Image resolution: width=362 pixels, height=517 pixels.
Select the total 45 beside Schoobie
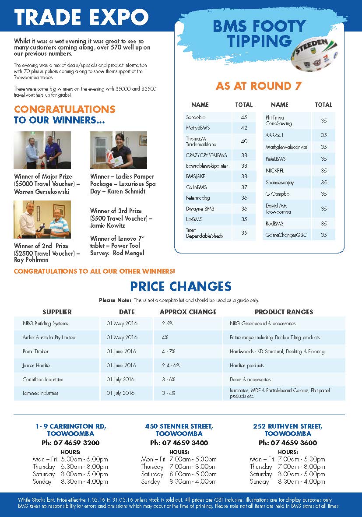[244, 117]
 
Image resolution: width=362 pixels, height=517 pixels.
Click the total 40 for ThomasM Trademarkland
[244, 141]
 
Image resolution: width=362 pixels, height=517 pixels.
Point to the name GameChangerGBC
[286, 235]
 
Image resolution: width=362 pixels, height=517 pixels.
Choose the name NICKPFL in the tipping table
[275, 170]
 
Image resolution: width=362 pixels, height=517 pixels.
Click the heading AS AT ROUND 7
[259, 86]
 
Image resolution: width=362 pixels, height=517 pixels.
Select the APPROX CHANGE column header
[188, 312]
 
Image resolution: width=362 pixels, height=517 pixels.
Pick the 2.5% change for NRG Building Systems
[167, 324]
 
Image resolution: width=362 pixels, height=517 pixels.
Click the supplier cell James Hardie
[36, 366]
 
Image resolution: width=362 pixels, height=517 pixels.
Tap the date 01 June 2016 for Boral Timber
[121, 352]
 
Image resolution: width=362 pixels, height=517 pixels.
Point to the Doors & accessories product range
[250, 380]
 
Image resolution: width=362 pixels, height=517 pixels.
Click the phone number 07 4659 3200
[70, 443]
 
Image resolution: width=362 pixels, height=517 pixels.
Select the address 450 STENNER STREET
[179, 426]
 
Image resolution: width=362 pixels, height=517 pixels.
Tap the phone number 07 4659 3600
[288, 443]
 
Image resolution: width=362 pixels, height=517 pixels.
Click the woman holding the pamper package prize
[120, 149]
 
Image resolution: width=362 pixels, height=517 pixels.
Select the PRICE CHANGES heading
[180, 287]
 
